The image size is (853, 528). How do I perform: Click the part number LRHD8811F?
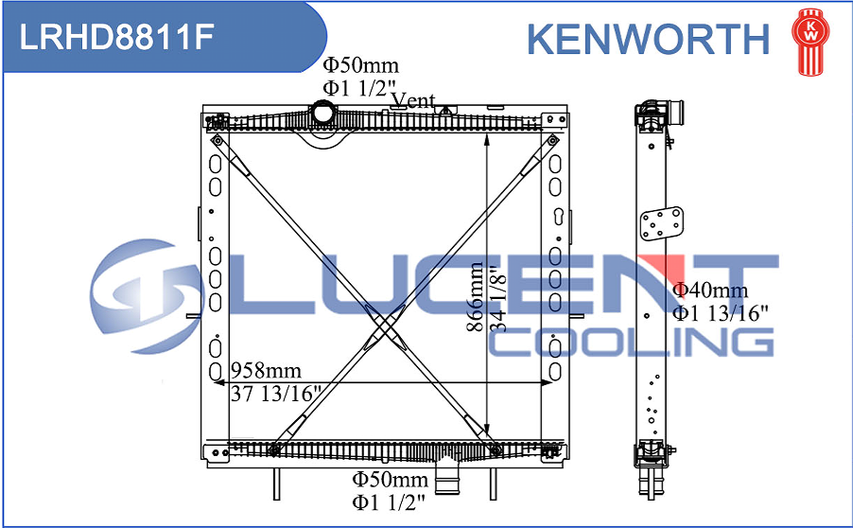[x=116, y=37]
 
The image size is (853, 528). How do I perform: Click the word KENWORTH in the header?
[x=648, y=39]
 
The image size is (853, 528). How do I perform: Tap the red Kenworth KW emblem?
[x=810, y=42]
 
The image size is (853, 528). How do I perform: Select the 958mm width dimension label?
[x=266, y=371]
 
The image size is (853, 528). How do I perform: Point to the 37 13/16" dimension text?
[x=276, y=394]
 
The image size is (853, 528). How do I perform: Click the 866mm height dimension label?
[x=476, y=297]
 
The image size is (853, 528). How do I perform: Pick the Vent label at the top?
[x=413, y=99]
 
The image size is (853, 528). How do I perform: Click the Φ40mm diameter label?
[x=710, y=290]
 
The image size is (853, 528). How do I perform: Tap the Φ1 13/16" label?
[x=721, y=313]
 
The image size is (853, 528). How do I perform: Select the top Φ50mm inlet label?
[x=360, y=65]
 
